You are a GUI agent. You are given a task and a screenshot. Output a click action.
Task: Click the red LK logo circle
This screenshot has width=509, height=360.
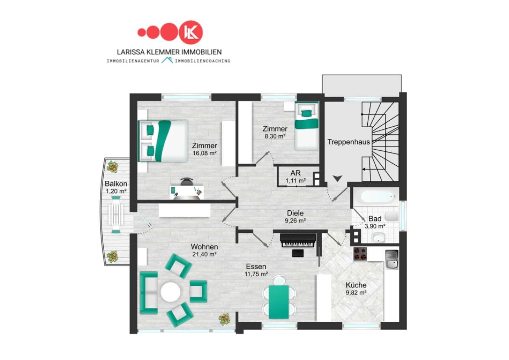191,32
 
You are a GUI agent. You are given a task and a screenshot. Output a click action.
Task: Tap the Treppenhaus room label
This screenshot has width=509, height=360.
348,142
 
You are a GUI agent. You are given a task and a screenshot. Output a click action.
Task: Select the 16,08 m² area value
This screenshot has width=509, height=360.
205,153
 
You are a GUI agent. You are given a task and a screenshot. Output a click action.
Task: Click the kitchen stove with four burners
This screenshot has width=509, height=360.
360,254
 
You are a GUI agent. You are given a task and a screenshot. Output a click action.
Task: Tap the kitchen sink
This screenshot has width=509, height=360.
392,259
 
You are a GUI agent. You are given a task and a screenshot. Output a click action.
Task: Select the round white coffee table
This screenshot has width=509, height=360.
170,292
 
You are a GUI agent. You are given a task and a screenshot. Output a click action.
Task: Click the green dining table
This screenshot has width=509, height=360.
279,302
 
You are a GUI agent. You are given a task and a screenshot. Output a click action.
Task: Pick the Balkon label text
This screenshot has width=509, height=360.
116,184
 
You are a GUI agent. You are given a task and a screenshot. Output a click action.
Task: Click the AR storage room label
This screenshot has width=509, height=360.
295,173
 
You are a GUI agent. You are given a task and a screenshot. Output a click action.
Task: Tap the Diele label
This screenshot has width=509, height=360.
295,213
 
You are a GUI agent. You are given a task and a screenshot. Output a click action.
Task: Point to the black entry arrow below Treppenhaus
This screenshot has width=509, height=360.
337,178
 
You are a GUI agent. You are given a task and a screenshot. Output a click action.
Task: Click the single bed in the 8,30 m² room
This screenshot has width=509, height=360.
307,126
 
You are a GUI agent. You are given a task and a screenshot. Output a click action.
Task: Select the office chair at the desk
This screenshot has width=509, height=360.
186,181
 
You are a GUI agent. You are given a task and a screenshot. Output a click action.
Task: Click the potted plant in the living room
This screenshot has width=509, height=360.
224,319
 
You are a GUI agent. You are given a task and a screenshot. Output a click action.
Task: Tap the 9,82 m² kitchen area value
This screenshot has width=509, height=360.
356,292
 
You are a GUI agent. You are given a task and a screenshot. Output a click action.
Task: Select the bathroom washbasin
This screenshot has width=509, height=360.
378,238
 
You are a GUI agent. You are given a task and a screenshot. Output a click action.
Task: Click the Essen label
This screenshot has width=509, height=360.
256,266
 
